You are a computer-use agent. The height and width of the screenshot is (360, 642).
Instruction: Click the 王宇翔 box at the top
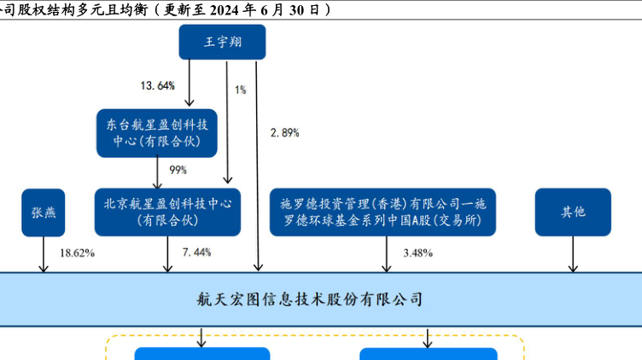pyautogui.click(x=222, y=41)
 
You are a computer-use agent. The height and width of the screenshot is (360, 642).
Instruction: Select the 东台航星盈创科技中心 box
pyautogui.click(x=156, y=132)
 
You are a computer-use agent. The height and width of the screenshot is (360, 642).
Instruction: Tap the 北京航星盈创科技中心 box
pyautogui.click(x=167, y=212)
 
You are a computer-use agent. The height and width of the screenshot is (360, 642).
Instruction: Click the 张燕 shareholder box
pyautogui.click(x=44, y=212)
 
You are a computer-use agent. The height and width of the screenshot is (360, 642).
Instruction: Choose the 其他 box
pyautogui.click(x=573, y=212)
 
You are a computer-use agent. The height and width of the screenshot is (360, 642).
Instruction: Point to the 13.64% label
pyautogui.click(x=157, y=85)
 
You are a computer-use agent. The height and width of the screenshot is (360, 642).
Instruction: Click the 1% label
pyautogui.click(x=241, y=89)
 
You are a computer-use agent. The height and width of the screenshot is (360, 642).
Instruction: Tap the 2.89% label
pyautogui.click(x=284, y=132)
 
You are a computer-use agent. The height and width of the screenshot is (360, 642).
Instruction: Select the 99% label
pyautogui.click(x=178, y=170)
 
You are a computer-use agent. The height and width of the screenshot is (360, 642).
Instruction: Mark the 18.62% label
pyautogui.click(x=77, y=253)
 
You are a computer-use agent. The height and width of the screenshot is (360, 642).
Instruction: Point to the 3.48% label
pyautogui.click(x=418, y=253)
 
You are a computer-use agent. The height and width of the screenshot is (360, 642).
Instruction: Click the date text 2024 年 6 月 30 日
pyautogui.click(x=266, y=9)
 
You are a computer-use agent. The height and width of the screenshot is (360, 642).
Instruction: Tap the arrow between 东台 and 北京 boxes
pyautogui.click(x=158, y=172)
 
